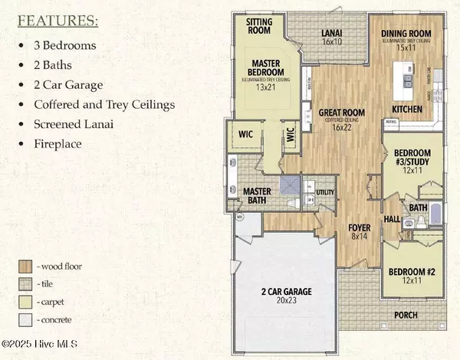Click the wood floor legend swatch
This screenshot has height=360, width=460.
[x=25, y=267]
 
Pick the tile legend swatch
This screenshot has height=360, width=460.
[x=25, y=284]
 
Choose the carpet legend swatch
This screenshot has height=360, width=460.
[x=25, y=301]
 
